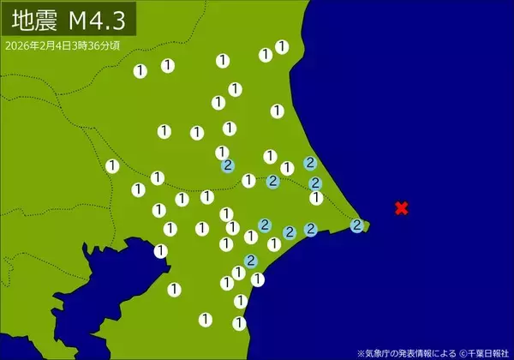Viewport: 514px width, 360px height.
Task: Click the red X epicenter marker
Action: point(401,207)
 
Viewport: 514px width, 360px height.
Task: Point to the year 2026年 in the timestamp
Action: point(21,45)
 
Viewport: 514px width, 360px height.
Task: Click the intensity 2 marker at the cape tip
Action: point(357,225)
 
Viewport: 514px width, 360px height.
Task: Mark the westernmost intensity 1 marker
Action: point(112,165)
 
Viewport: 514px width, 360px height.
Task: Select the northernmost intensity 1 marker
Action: point(282,46)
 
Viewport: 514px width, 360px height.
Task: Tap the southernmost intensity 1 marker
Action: point(239,323)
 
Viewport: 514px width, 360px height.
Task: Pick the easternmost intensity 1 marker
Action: point(316,198)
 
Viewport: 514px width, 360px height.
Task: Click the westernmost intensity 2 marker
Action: point(227,165)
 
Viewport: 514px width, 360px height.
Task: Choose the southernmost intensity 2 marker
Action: point(251,261)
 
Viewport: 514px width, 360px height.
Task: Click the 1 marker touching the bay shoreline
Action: point(161,250)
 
